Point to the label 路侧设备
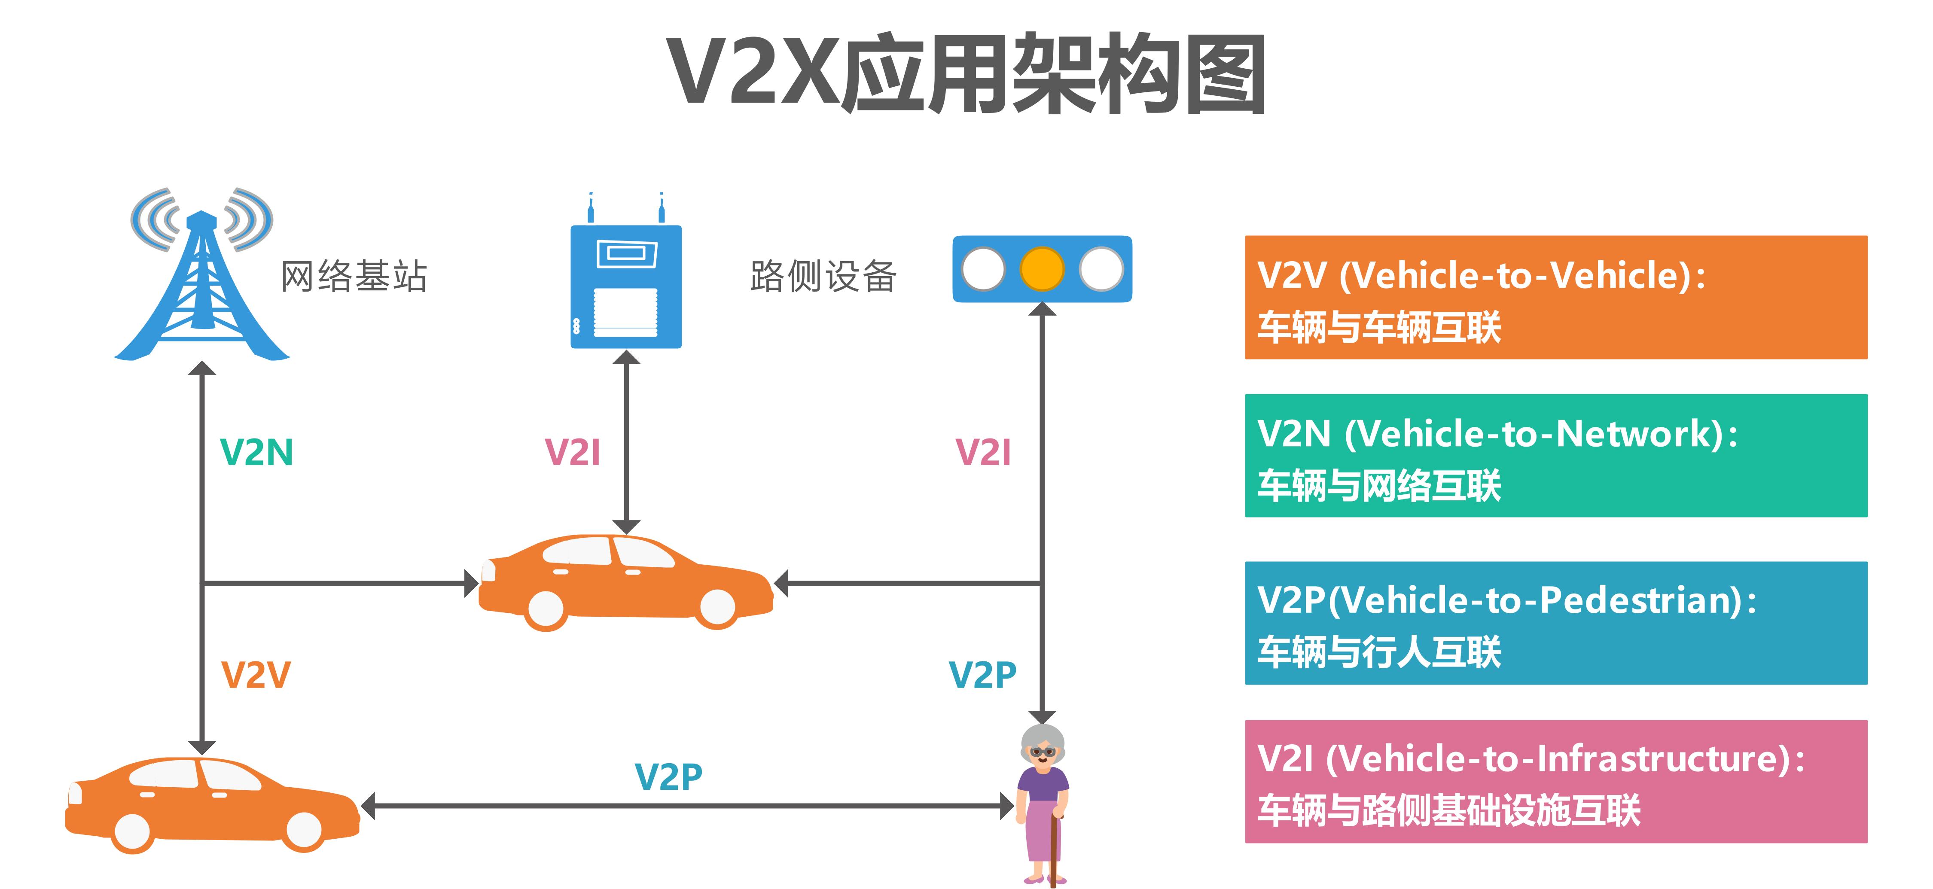click(823, 276)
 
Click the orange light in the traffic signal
click(1042, 268)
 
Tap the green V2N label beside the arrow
click(256, 452)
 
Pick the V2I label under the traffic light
click(983, 452)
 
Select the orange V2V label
click(255, 674)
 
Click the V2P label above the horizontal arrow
click(668, 776)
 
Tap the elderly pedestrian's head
click(1043, 746)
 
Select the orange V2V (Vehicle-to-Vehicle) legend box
click(1555, 297)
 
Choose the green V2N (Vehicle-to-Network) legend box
click(1555, 455)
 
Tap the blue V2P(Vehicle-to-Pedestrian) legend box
click(1555, 623)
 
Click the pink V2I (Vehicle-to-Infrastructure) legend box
click(1555, 781)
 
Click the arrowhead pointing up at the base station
click(202, 368)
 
